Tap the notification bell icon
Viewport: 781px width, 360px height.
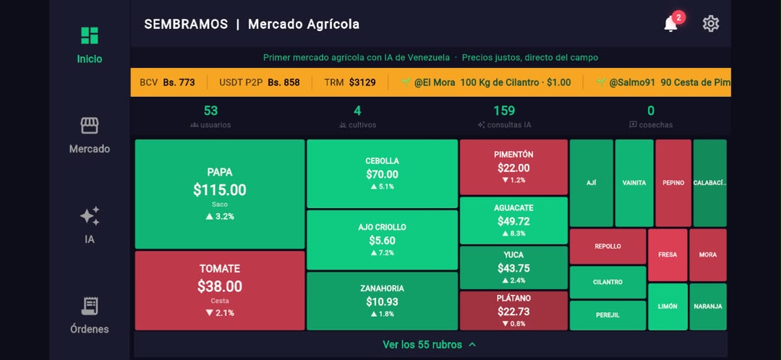pyautogui.click(x=670, y=23)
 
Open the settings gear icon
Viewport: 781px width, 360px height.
pyautogui.click(x=711, y=23)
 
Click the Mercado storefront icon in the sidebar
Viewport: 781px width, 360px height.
pyautogui.click(x=90, y=126)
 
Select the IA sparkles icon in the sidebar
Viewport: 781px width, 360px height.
pyautogui.click(x=90, y=215)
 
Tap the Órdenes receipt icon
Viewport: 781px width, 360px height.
pyautogui.click(x=90, y=307)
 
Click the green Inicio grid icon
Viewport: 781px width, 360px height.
pyautogui.click(x=90, y=35)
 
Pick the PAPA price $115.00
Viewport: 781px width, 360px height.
pyautogui.click(x=220, y=189)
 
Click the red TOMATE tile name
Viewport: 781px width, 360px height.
pyautogui.click(x=220, y=269)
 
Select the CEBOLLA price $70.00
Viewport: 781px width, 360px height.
pyautogui.click(x=382, y=174)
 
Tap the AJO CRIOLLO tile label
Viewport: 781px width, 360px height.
pyautogui.click(x=382, y=227)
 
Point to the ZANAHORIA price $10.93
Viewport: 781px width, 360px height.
pyautogui.click(x=382, y=301)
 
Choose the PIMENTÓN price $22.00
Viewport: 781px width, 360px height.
pyautogui.click(x=513, y=168)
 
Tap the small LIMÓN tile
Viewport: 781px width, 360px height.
pyautogui.click(x=667, y=307)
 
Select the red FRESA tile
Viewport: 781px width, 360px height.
pyautogui.click(x=667, y=255)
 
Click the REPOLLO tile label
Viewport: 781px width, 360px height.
pyautogui.click(x=607, y=247)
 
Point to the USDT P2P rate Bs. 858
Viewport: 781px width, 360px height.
pyautogui.click(x=284, y=82)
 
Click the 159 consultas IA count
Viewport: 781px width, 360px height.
pyautogui.click(x=504, y=111)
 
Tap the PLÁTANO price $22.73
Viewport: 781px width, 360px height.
pyautogui.click(x=513, y=312)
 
